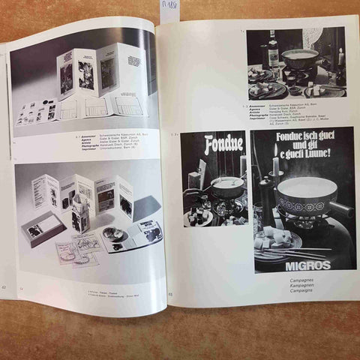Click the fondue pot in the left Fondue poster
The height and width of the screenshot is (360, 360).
[x=227, y=187]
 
